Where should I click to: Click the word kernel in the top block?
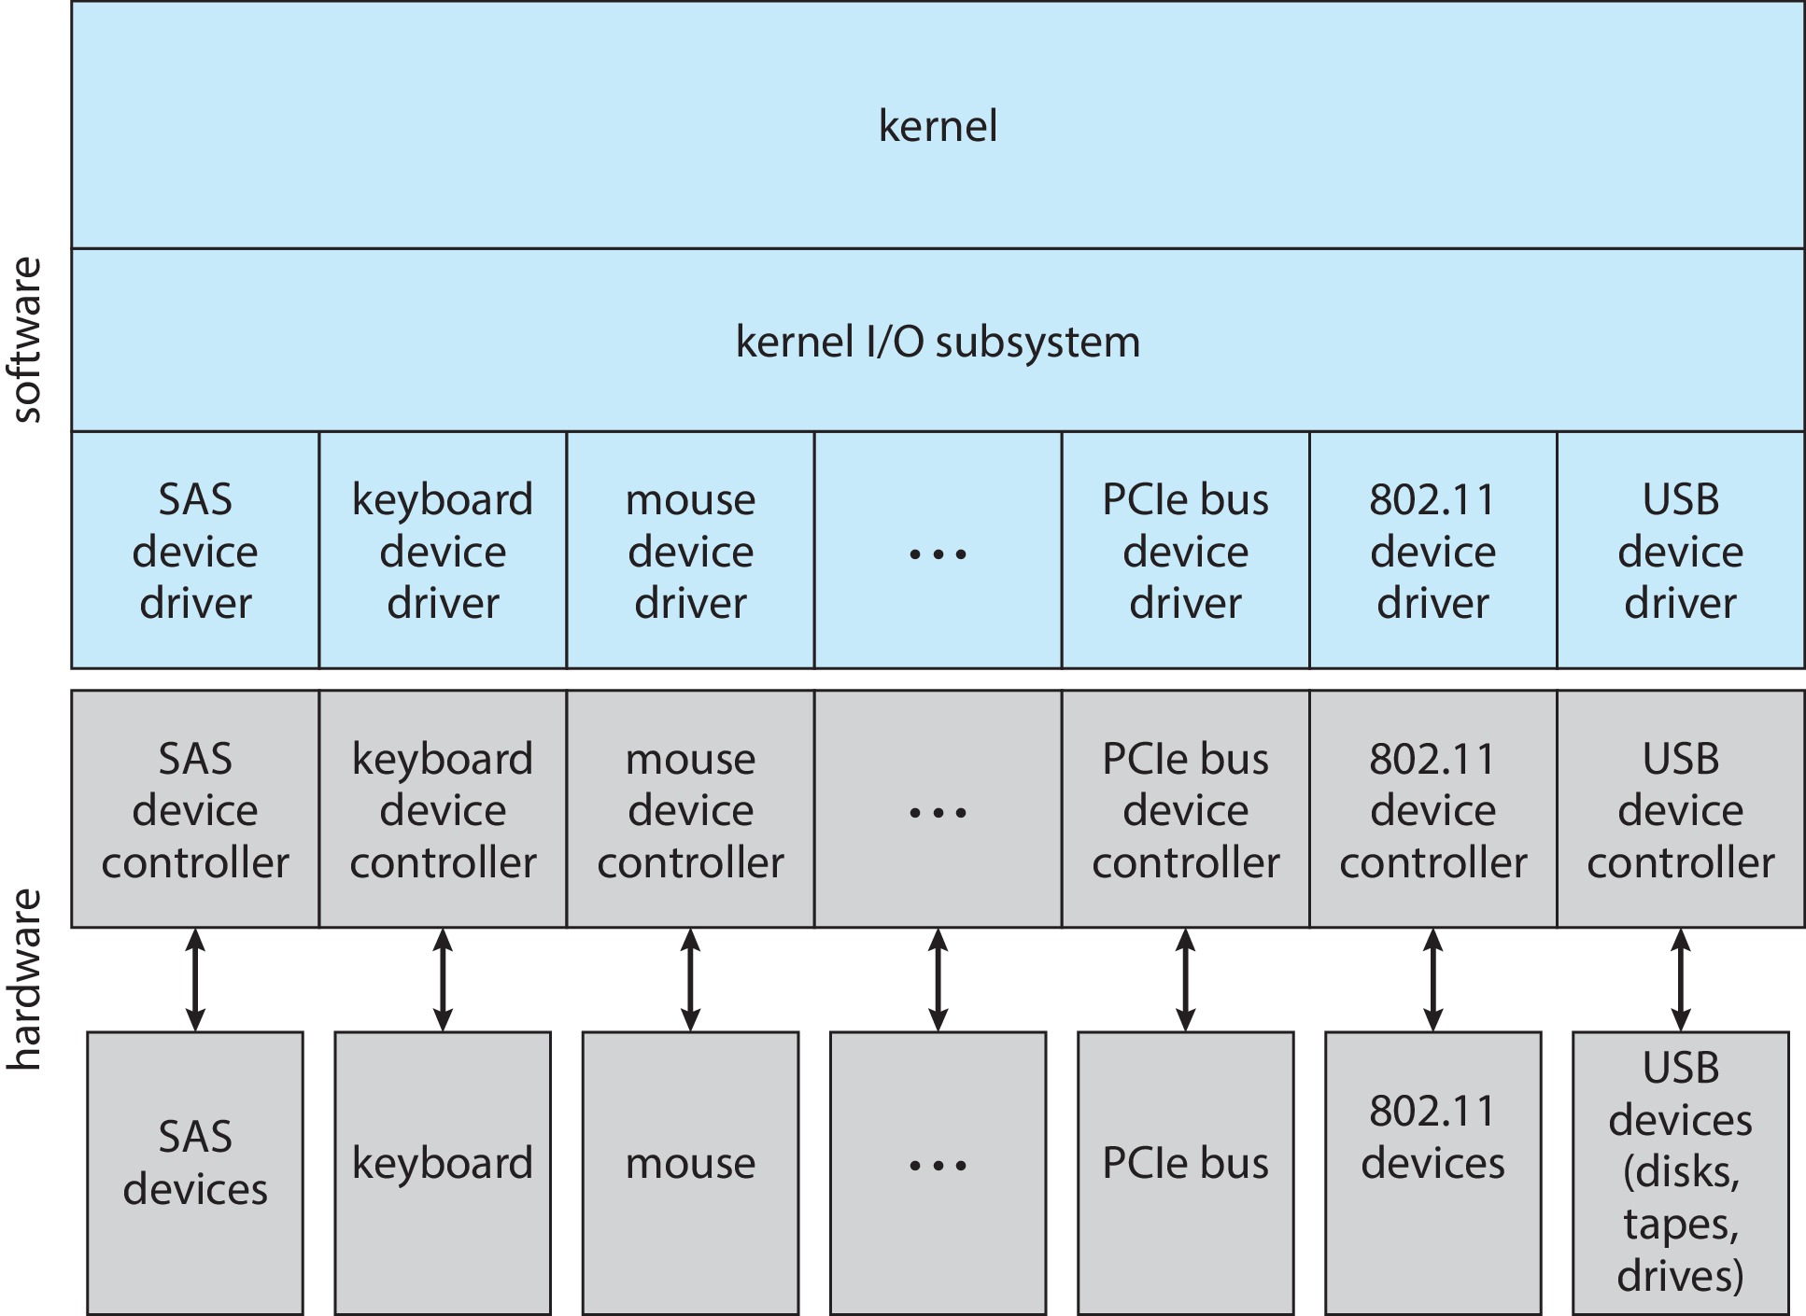click(938, 126)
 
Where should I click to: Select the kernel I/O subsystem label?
click(938, 342)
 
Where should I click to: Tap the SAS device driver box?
click(195, 551)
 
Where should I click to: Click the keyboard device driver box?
click(443, 551)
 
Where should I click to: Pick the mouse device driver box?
click(690, 551)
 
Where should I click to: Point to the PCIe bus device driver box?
click(1185, 551)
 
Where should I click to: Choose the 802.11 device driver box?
click(1432, 551)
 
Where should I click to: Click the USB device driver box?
click(1680, 551)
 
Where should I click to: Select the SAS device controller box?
click(195, 810)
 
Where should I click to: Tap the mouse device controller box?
click(690, 810)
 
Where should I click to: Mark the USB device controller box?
click(1680, 810)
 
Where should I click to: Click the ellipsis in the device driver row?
click(938, 554)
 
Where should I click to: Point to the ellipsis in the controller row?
click(938, 813)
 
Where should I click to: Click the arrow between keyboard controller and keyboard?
click(443, 979)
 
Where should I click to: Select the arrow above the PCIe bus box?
click(1185, 979)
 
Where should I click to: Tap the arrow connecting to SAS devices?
click(195, 979)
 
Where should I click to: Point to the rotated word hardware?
click(26, 979)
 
